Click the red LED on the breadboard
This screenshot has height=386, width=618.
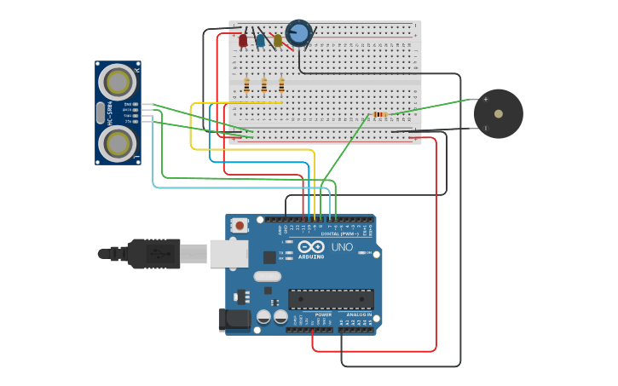tap(243, 40)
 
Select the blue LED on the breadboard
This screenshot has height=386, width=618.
tap(260, 40)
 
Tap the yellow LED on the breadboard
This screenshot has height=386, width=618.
tap(278, 40)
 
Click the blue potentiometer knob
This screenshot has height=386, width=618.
tap(299, 32)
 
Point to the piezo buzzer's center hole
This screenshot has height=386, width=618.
tap(499, 113)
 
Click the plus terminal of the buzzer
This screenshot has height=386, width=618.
tap(485, 99)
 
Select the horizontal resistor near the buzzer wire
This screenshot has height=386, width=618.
tap(379, 114)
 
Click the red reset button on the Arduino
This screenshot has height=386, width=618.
tap(240, 226)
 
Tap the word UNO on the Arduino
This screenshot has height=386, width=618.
tap(342, 247)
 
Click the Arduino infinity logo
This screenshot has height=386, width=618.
tap(311, 246)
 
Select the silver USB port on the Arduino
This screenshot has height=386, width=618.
tap(229, 253)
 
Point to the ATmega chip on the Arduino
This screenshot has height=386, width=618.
tap(331, 299)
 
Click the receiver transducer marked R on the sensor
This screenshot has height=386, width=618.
tap(118, 82)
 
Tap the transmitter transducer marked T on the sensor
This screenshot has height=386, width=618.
tap(118, 143)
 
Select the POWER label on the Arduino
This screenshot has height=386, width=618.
tap(323, 314)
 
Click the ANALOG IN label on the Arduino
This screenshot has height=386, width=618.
tap(358, 314)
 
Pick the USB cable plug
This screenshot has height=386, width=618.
tap(153, 253)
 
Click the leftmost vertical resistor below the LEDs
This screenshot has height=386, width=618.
tap(246, 85)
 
